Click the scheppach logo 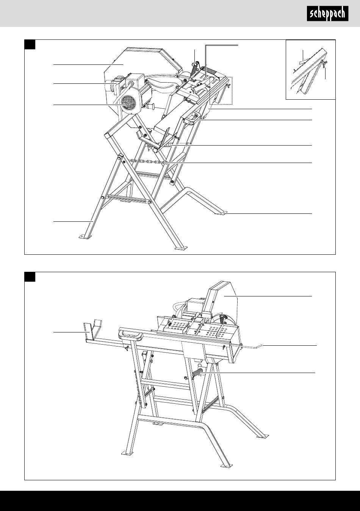[327, 14]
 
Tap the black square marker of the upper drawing [30, 44]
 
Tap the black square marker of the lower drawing [30, 277]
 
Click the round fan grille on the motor [128, 103]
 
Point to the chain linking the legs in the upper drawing [146, 161]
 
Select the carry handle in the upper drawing [191, 118]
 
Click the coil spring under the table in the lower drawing [197, 372]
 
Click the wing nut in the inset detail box [324, 64]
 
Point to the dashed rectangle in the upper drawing [221, 91]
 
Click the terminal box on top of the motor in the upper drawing [134, 80]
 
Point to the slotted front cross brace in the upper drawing [128, 199]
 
